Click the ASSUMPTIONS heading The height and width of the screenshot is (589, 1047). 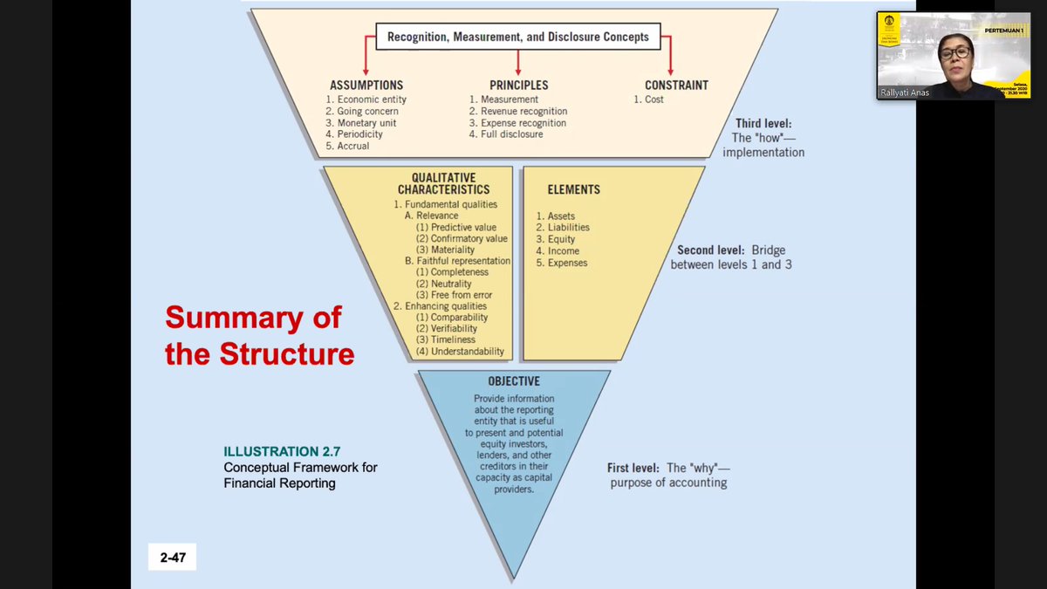coord(366,86)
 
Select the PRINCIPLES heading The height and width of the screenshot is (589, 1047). coord(518,86)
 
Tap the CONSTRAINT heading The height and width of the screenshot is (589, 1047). coord(676,86)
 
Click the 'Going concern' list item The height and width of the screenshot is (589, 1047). coord(362,112)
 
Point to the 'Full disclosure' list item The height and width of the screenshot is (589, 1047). coord(506,134)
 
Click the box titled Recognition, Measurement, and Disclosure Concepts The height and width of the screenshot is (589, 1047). coord(518,37)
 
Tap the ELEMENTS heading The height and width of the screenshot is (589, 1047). coord(573,189)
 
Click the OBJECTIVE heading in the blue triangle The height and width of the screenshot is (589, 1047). coord(514,381)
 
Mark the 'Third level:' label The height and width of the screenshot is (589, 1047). coord(763,125)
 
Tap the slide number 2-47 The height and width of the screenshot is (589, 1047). coord(172,557)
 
